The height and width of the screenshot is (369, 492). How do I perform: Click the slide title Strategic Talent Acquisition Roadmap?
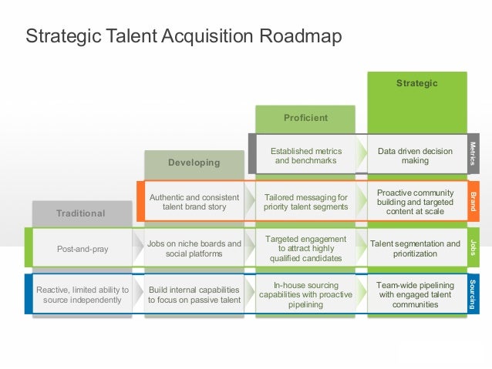[184, 36]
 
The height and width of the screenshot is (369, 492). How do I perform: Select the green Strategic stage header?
[416, 83]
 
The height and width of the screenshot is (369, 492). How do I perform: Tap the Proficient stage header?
[305, 118]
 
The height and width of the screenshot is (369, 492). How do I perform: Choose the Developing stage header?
[194, 163]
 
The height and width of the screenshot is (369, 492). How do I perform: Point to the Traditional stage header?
[80, 213]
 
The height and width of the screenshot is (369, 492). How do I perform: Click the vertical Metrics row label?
[473, 153]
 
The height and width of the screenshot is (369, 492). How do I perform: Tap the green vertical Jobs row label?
[473, 248]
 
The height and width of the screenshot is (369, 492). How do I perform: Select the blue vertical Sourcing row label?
[473, 294]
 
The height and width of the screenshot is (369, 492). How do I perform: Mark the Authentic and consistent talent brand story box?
[194, 202]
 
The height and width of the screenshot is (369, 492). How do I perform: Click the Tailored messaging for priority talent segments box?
[305, 202]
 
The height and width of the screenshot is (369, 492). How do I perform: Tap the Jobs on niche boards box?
[194, 248]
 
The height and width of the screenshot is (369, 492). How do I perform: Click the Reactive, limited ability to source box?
[83, 294]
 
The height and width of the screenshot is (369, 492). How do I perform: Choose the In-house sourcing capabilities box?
[305, 294]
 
